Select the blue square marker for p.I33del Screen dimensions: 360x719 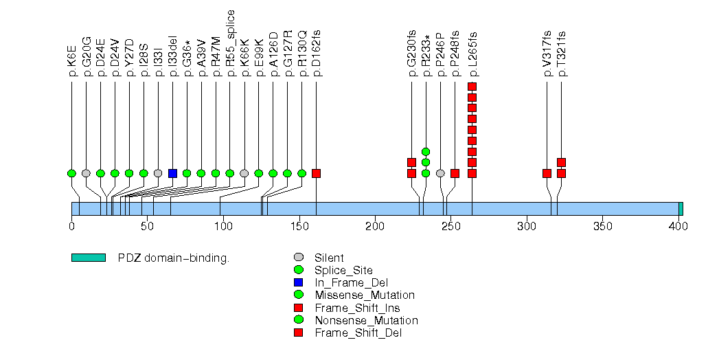point(172,173)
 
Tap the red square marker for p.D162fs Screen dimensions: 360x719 point(316,173)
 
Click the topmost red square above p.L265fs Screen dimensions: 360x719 point(472,87)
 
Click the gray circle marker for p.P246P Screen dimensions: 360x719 point(440,173)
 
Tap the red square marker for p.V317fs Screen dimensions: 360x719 point(547,173)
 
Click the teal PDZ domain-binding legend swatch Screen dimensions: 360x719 point(88,258)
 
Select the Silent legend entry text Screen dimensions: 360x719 point(329,258)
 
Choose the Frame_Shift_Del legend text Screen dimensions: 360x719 point(358,333)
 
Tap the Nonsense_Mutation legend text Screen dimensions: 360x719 point(366,320)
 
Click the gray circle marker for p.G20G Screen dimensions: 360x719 point(86,173)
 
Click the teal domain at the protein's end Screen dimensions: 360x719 point(681,209)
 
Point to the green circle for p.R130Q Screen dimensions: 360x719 point(301,173)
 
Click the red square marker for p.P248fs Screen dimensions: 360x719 point(455,173)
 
